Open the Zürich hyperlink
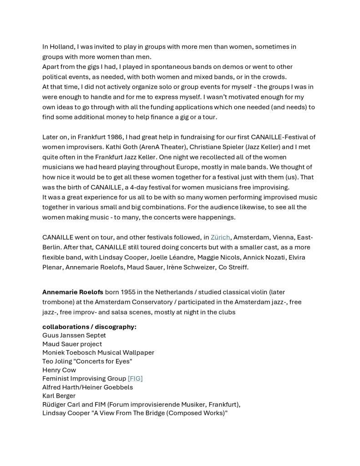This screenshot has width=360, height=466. [221, 237]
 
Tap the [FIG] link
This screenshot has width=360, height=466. [135, 379]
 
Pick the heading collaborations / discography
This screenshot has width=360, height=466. [89, 327]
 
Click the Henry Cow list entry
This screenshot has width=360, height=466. [59, 370]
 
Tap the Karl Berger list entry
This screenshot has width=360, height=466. [59, 396]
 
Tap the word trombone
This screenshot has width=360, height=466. [59, 302]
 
